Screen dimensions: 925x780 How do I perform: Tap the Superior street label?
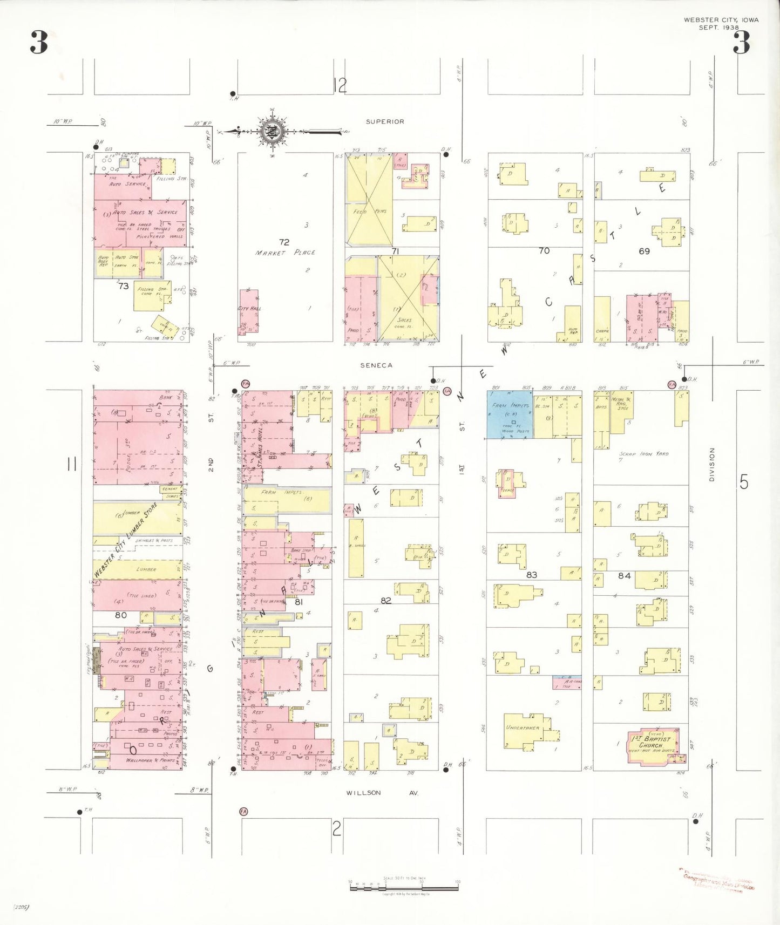[x=385, y=122]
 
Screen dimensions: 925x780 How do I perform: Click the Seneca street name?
[x=376, y=365]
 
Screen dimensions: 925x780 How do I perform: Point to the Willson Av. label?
[x=382, y=793]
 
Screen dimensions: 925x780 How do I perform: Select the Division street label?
[x=711, y=464]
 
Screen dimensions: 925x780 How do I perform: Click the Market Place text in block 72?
[x=285, y=253]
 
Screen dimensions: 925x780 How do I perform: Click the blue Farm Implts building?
[x=510, y=414]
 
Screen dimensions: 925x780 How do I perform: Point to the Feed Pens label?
[x=370, y=212]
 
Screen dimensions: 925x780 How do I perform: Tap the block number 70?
[x=544, y=251]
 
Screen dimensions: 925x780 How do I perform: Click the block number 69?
[x=644, y=251]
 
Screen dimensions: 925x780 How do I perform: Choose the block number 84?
[x=624, y=576]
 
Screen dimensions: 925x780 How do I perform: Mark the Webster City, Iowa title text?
[x=721, y=20]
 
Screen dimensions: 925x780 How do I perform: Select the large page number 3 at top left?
[x=39, y=42]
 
